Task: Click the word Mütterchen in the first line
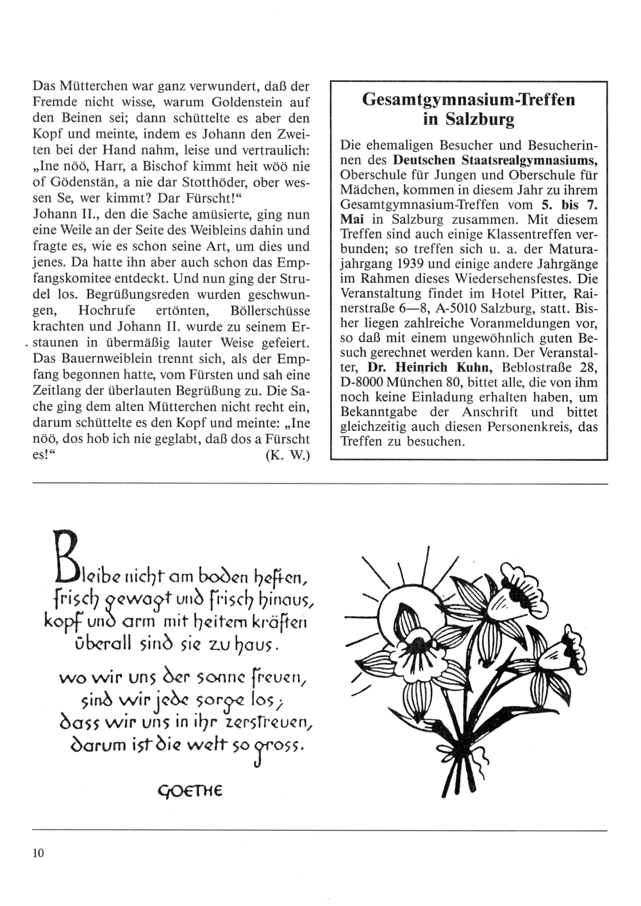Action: pyautogui.click(x=94, y=86)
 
